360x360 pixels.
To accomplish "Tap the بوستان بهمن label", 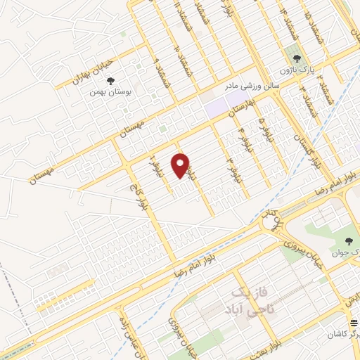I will point(112,91).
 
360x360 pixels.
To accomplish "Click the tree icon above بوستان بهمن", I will point(111,79).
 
